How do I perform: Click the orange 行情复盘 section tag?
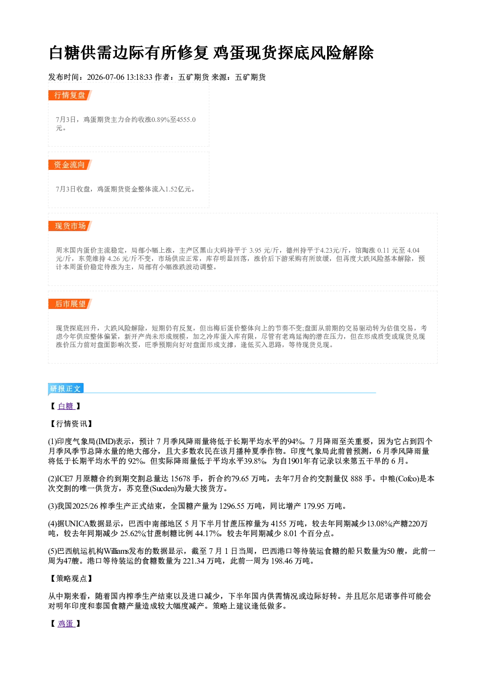[x=70, y=95]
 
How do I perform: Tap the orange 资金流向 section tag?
[x=70, y=165]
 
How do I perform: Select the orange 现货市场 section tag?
[x=70, y=226]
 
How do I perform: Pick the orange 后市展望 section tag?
[x=70, y=304]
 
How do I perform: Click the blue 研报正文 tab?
[x=66, y=389]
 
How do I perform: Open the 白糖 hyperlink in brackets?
[x=66, y=406]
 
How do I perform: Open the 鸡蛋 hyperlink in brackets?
[x=66, y=623]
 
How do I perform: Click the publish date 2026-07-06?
[x=106, y=77]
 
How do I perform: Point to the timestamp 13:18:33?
[x=139, y=77]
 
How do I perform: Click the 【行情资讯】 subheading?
[x=70, y=424]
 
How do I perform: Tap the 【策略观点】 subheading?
[x=70, y=578]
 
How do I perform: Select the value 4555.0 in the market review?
[x=186, y=119]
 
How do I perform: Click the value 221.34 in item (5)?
[x=194, y=561]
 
